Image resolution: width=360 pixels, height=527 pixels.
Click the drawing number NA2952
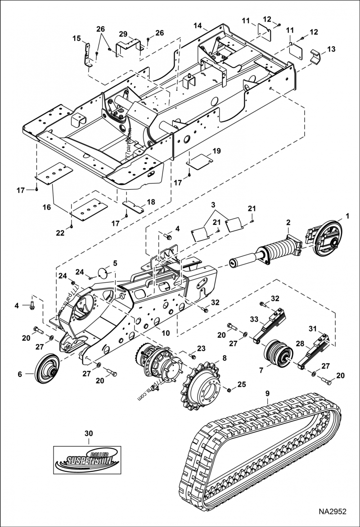333,511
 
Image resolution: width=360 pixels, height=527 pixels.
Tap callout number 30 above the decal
89,433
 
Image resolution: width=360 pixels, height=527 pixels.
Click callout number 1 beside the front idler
347,216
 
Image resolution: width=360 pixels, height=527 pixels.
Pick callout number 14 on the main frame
198,26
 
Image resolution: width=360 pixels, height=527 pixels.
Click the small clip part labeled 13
316,57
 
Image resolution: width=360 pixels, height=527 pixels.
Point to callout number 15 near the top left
76,38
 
